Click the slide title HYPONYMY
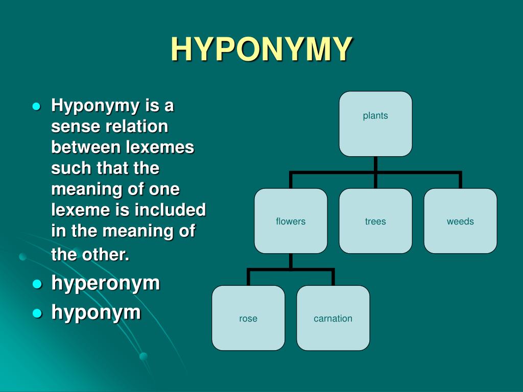pyautogui.click(x=261, y=49)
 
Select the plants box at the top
pyautogui.click(x=375, y=124)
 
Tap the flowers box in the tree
pyautogui.click(x=291, y=221)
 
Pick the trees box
pyautogui.click(x=375, y=221)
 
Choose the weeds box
pyautogui.click(x=460, y=221)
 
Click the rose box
pyautogui.click(x=248, y=318)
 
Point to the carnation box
pyautogui.click(x=333, y=318)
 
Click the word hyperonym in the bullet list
pyautogui.click(x=106, y=283)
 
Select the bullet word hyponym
pyautogui.click(x=96, y=312)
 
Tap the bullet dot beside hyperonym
pyautogui.click(x=36, y=284)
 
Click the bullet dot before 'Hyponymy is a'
pyautogui.click(x=36, y=107)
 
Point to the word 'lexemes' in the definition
pyautogui.click(x=159, y=147)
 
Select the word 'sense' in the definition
pyautogui.click(x=75, y=126)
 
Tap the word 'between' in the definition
pyautogui.click(x=86, y=147)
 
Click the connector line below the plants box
pyautogui.click(x=375, y=164)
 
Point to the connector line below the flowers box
pyautogui.click(x=291, y=261)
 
